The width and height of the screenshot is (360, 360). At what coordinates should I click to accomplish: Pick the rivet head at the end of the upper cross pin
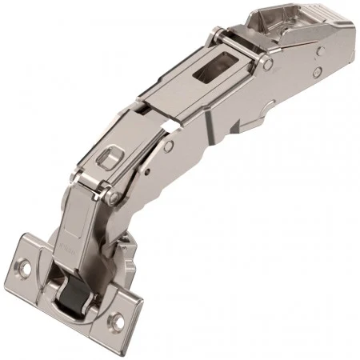(x=269, y=62)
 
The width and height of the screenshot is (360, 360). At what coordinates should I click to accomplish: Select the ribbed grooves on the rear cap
(x=317, y=24)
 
